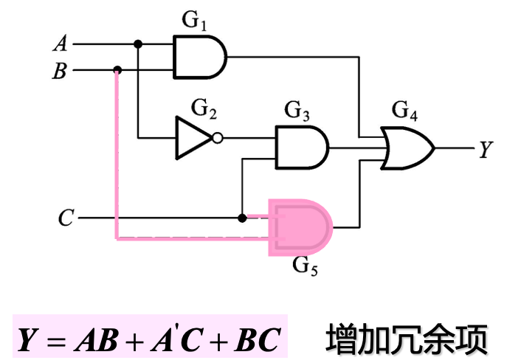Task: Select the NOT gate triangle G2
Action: pyautogui.click(x=193, y=137)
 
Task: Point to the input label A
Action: pyautogui.click(x=60, y=44)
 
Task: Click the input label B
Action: pyautogui.click(x=59, y=72)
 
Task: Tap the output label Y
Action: pyautogui.click(x=485, y=150)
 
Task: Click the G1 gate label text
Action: pyautogui.click(x=194, y=20)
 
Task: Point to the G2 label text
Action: pyautogui.click(x=204, y=111)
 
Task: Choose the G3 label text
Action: pyautogui.click(x=297, y=112)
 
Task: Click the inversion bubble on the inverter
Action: pyautogui.click(x=217, y=137)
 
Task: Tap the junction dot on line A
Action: pyautogui.click(x=138, y=44)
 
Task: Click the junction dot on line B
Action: pyautogui.click(x=117, y=71)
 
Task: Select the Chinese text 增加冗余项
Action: pyautogui.click(x=407, y=339)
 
